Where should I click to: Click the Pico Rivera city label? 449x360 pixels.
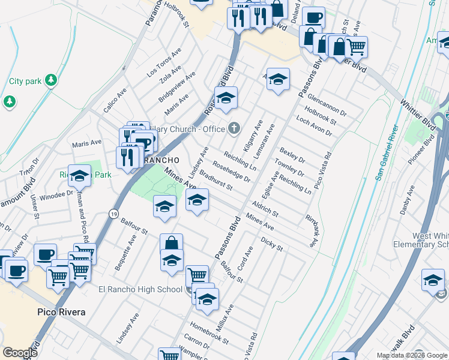61,312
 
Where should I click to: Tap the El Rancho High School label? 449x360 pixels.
140,290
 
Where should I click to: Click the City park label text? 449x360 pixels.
25,81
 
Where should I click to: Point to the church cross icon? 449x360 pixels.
234,128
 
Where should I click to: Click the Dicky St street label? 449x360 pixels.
272,243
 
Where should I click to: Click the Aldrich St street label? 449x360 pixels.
265,209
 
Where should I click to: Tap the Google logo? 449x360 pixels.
20,353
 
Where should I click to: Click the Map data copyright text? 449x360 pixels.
411,355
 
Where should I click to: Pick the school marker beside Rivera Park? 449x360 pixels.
79,177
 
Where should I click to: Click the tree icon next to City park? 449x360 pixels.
51,80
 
